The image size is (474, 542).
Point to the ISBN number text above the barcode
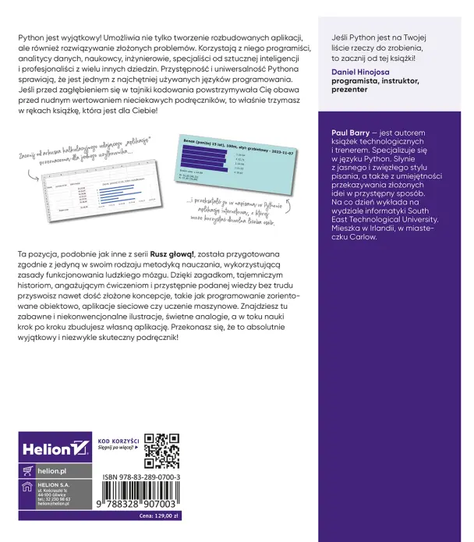(142, 476)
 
